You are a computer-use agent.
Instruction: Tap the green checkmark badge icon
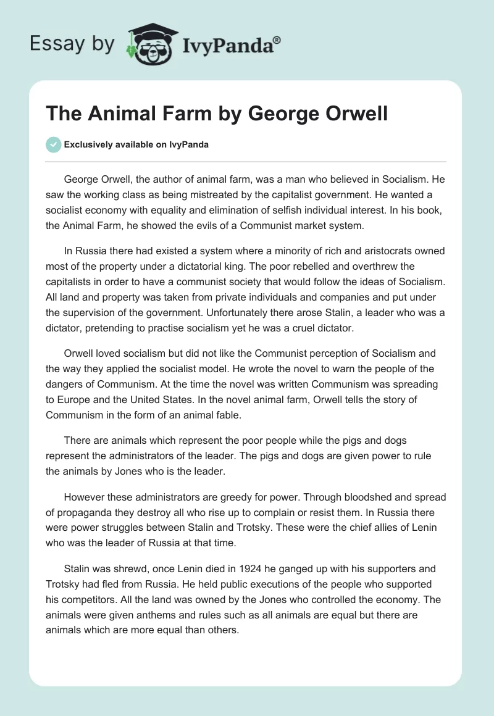pyautogui.click(x=53, y=144)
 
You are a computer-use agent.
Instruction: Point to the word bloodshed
pyautogui.click(x=354, y=497)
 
